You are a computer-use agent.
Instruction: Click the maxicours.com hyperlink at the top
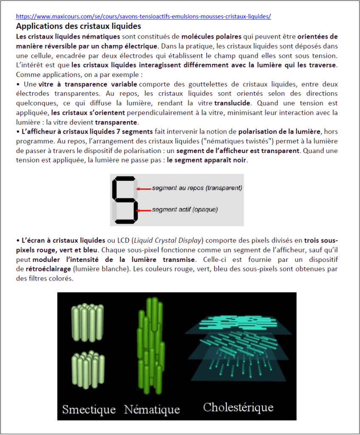(x=143, y=17)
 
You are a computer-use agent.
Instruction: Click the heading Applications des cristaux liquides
(x=78, y=26)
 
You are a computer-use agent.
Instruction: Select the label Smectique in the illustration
(x=89, y=409)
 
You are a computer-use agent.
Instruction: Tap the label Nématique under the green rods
(x=152, y=409)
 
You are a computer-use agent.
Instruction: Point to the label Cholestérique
(x=238, y=407)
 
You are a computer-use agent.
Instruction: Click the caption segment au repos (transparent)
(x=197, y=188)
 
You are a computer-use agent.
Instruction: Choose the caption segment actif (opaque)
(x=185, y=210)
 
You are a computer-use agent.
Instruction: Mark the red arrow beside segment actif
(x=145, y=210)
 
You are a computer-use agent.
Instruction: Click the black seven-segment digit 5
(x=125, y=200)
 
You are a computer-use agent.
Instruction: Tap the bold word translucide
(x=230, y=103)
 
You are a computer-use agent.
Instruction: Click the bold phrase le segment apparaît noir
(x=207, y=161)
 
